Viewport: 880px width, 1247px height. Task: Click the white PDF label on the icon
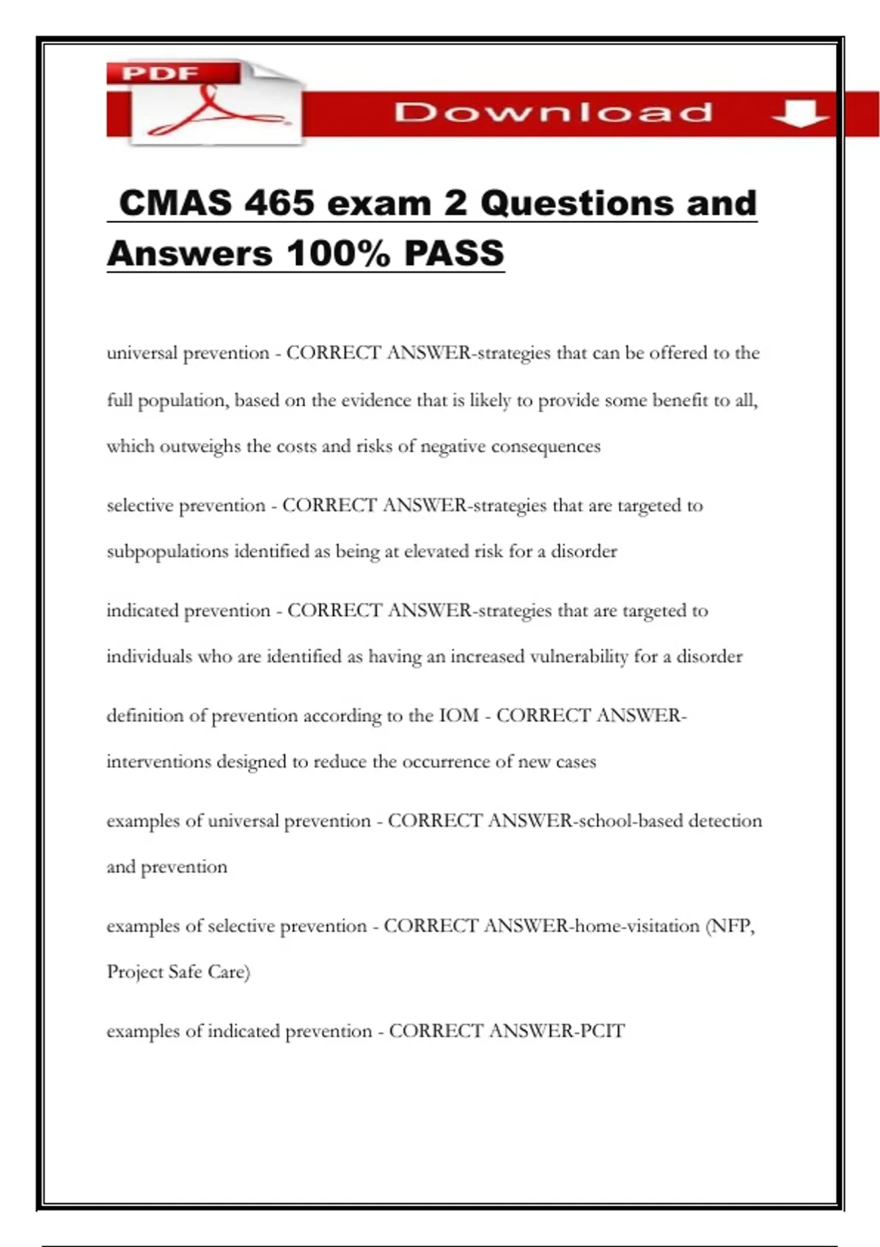160,73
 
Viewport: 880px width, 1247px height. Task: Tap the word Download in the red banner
553,112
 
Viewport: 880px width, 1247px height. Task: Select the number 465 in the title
279,203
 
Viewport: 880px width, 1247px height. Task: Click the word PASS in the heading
454,254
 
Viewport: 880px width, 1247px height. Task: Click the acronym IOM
458,715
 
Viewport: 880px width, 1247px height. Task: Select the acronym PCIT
602,1031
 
